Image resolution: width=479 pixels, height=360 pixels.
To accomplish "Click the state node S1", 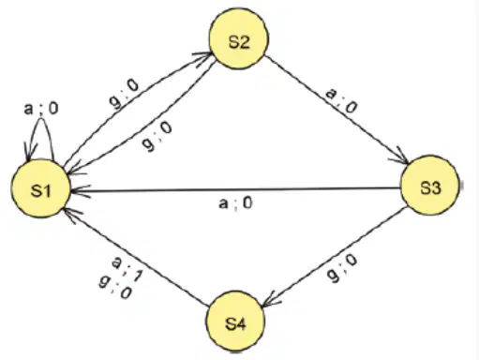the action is click(x=41, y=188).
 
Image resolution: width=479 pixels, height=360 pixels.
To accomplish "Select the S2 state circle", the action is click(x=239, y=39).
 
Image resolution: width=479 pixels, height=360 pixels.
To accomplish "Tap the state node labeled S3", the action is click(x=430, y=186).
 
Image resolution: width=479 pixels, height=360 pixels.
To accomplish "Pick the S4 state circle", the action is click(x=235, y=321).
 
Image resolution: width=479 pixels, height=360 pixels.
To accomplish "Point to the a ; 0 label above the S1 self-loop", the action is click(x=41, y=109).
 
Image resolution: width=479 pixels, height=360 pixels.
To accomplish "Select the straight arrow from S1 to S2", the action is click(x=138, y=108).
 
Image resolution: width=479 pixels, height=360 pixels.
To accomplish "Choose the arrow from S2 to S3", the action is click(x=337, y=110).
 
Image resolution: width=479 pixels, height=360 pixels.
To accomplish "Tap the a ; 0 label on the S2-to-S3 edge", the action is click(x=341, y=100).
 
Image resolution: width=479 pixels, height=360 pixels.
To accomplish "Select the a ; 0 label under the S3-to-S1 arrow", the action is click(x=235, y=203).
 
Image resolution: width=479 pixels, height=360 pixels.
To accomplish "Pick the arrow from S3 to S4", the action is click(x=334, y=257).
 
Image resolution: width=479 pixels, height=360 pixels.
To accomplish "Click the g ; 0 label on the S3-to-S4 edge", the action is click(x=342, y=268).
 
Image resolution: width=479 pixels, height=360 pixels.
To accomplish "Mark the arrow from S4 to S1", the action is click(x=136, y=257).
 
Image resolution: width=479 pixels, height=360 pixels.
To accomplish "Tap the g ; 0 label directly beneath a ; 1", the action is click(x=114, y=287).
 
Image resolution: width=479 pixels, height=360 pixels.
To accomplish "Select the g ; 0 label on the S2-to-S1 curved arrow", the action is click(x=157, y=136).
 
